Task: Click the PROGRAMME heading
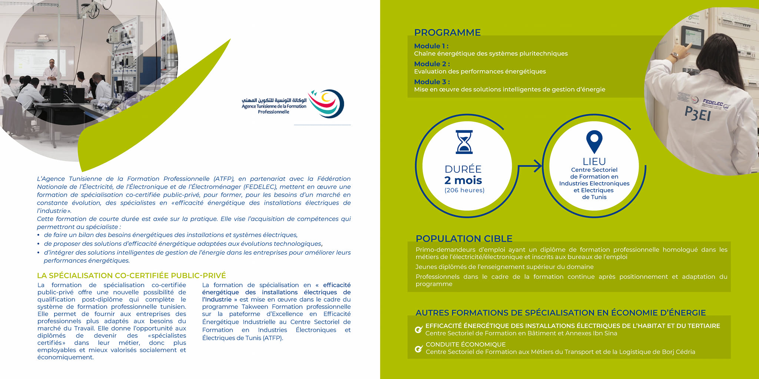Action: click(447, 33)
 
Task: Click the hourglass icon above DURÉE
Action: click(464, 142)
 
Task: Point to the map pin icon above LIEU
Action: click(594, 141)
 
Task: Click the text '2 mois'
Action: click(463, 181)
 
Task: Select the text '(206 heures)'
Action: click(464, 190)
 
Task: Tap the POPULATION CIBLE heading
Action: click(464, 238)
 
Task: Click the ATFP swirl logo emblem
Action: click(327, 103)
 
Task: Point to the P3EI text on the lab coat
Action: click(697, 114)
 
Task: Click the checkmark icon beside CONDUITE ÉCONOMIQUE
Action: click(419, 349)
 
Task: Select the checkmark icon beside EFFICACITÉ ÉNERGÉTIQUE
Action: click(419, 329)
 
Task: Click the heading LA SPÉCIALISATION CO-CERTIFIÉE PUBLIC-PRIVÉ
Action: click(132, 276)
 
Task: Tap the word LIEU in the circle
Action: click(594, 162)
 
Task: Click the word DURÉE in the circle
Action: click(463, 169)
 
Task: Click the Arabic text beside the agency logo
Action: click(274, 100)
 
